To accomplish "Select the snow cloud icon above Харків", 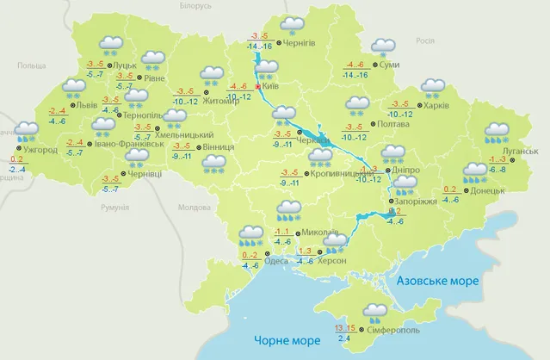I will (432, 88).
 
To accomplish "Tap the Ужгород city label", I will (40, 151).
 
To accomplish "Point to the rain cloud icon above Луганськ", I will (497, 133).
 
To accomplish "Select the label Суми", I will (389, 65).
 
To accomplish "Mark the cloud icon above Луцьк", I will (110, 43).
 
